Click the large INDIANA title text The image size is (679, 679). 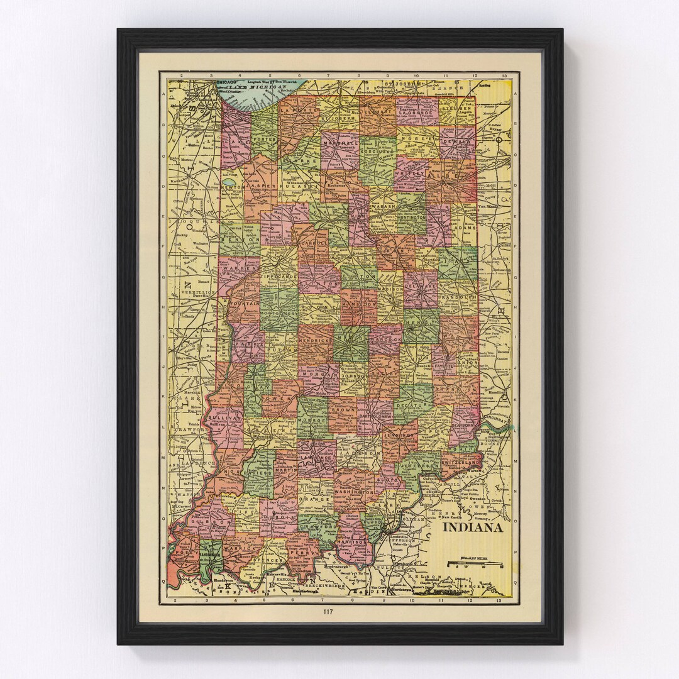tap(472, 527)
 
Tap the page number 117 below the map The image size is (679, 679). tap(328, 612)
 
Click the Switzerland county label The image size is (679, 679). tap(460, 462)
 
